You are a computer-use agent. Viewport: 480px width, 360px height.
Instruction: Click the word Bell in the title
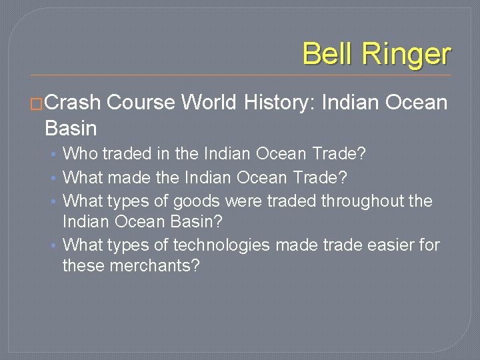coord(326,53)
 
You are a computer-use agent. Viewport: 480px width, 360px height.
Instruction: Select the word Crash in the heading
coord(73,103)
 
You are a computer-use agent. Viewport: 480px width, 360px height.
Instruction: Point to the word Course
coord(141,103)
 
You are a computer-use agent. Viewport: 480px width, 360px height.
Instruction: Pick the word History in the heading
coord(280,103)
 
